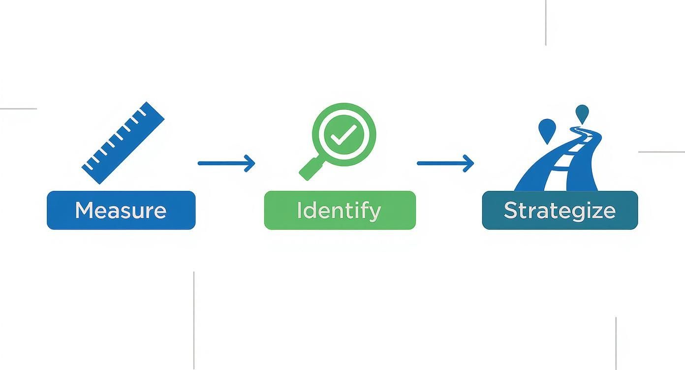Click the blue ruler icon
tap(123, 143)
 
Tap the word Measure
tap(121, 211)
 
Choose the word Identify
tap(339, 211)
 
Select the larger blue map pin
tap(547, 129)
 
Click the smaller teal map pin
tap(582, 113)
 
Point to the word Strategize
tap(560, 211)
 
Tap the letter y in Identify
tap(374, 213)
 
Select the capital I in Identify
tap(299, 211)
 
